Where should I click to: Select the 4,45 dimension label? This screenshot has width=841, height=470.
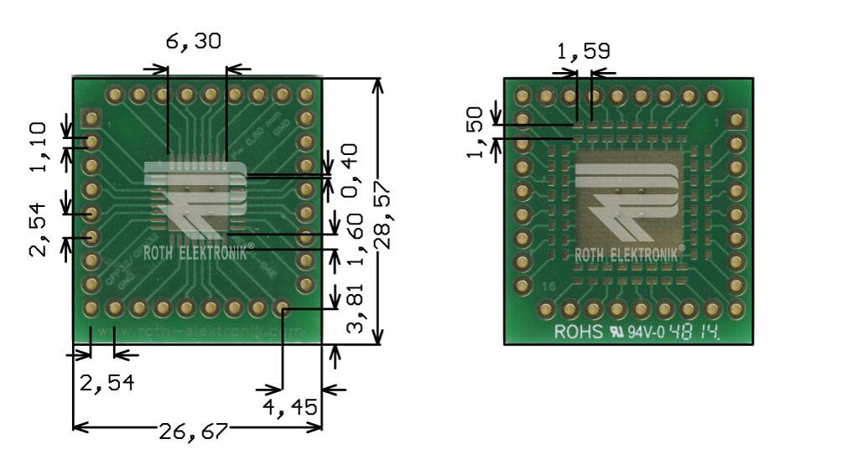tap(290, 408)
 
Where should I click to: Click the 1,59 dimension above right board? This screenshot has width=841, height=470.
tap(584, 53)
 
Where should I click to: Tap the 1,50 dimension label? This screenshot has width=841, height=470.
tap(475, 132)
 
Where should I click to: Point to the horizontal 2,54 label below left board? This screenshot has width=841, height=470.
tap(106, 384)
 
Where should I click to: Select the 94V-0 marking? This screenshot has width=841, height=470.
tap(646, 332)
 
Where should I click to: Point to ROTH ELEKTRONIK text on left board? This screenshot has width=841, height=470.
tap(195, 250)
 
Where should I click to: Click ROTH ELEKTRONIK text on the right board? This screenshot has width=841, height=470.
tap(628, 254)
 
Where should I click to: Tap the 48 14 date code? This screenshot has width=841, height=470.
tap(696, 331)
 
